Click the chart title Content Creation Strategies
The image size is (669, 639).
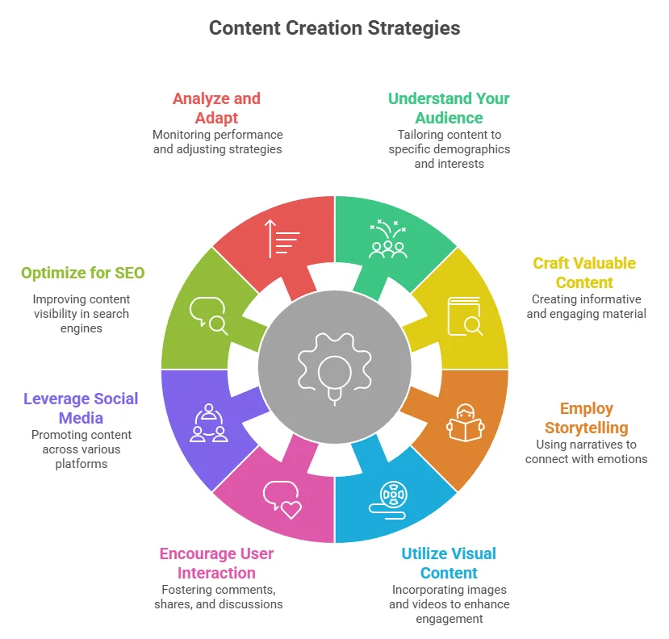tap(334, 28)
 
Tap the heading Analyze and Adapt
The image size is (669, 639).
tap(216, 108)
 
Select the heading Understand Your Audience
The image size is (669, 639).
tap(449, 108)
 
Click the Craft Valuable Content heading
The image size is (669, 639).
tap(584, 273)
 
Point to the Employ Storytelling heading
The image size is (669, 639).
tap(586, 418)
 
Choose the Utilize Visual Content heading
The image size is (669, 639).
tap(449, 563)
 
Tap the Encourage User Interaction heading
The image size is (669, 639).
tap(217, 563)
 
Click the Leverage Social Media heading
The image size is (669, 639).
tap(81, 408)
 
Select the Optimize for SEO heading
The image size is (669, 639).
tap(83, 273)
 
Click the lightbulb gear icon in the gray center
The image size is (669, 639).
tap(334, 368)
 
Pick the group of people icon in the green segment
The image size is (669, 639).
tap(387, 240)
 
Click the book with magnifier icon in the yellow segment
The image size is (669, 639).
tap(465, 315)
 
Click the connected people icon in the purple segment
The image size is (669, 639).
tap(208, 423)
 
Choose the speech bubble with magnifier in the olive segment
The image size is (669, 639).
tap(208, 315)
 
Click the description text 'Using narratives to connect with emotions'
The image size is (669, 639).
tap(586, 452)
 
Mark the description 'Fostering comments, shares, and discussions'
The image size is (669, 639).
tap(217, 597)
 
